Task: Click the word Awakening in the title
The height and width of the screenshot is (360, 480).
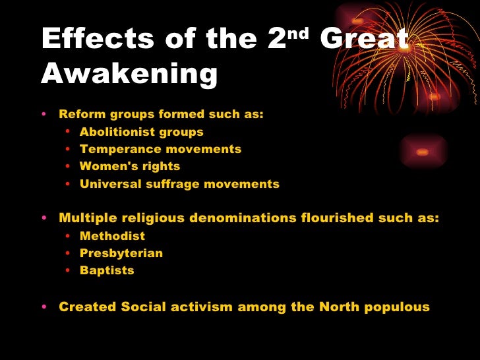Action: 129,76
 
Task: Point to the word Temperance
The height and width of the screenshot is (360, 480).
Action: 113,149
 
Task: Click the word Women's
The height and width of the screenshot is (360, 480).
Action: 104,166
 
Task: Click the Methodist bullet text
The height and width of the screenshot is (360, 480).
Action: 112,236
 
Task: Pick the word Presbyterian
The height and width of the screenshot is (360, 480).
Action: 121,253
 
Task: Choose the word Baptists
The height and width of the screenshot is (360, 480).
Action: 107,270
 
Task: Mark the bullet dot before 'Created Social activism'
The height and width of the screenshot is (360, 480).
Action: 44,307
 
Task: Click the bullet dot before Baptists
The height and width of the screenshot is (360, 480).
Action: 69,271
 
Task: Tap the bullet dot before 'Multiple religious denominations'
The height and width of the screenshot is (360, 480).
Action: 44,219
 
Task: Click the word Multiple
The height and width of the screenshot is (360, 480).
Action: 86,218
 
